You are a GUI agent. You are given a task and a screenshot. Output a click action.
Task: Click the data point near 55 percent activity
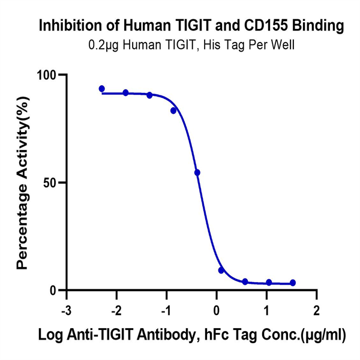[x=197, y=173]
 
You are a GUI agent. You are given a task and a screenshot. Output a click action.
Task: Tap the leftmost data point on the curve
[x=102, y=89]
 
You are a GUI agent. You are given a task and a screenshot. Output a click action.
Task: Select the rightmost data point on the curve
[x=293, y=283]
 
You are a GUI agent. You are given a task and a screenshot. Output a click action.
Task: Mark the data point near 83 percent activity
[x=173, y=110]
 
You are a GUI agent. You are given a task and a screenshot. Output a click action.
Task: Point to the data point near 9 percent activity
[x=221, y=271]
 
